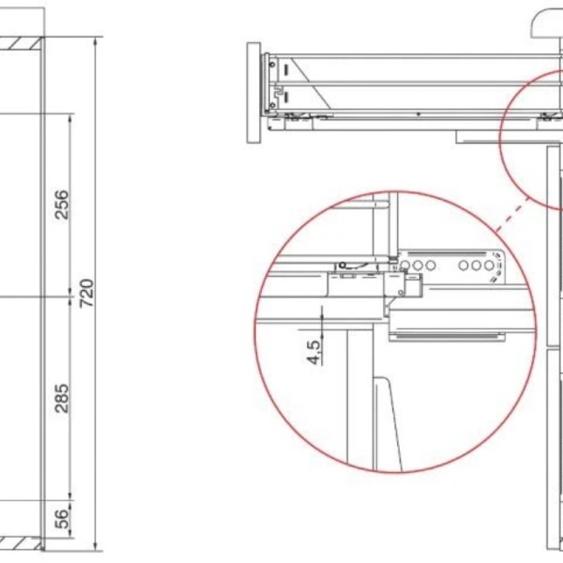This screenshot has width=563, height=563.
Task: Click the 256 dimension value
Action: tap(61, 205)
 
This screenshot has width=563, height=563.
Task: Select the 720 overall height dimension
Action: tap(86, 293)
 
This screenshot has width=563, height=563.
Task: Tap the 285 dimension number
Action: tap(61, 398)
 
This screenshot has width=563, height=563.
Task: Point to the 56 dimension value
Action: tap(62, 519)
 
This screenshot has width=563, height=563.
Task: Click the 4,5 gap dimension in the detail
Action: tap(313, 352)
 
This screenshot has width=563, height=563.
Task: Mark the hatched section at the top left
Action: tap(21, 44)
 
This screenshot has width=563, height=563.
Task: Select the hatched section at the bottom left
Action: tap(21, 543)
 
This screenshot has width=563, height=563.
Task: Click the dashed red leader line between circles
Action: tap(512, 214)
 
